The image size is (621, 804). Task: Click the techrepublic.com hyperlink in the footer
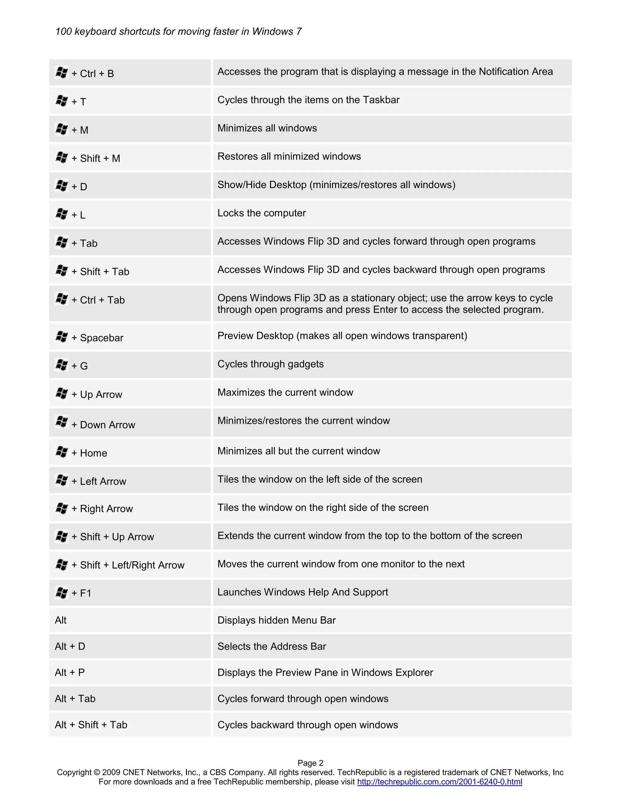tap(439, 782)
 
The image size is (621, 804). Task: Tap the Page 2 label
tap(310, 763)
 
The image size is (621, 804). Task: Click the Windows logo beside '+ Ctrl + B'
tap(62, 73)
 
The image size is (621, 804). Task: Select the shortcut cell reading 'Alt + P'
tap(70, 673)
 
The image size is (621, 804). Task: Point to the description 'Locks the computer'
tap(262, 213)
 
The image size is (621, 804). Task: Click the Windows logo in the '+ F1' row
tap(62, 592)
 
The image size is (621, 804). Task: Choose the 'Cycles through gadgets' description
tap(270, 364)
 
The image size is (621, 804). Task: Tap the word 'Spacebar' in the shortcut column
tap(102, 338)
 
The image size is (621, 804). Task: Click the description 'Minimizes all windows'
tap(267, 128)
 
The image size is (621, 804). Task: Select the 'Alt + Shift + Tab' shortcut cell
tap(91, 725)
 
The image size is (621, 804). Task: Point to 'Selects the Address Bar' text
tap(271, 647)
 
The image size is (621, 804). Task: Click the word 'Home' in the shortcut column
tap(93, 453)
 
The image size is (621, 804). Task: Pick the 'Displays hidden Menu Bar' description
tap(276, 620)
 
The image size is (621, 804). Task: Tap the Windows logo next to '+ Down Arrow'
tap(62, 422)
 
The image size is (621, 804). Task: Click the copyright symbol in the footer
tap(97, 772)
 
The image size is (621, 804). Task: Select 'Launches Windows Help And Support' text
tap(302, 592)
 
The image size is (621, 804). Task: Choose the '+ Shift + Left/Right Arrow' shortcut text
tap(128, 565)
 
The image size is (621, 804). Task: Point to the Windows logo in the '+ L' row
tap(62, 214)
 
